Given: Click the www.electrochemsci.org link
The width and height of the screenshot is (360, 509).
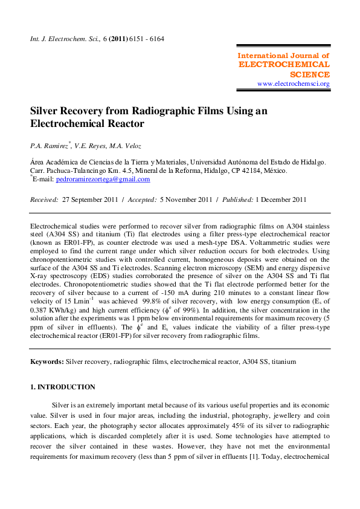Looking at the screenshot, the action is pyautogui.click(x=294, y=84).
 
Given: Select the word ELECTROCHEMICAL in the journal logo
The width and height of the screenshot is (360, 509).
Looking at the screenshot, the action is pyautogui.click(x=284, y=65).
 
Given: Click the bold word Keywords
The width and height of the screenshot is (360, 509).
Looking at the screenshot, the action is pyautogui.click(x=47, y=361).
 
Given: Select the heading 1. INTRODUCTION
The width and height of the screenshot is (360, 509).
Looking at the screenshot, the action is pyautogui.click(x=62, y=387).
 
